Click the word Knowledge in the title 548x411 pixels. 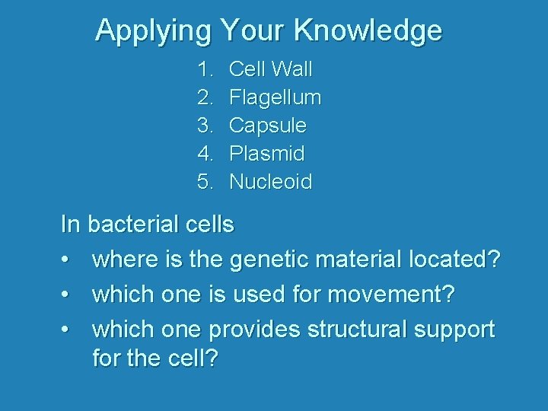tap(368, 30)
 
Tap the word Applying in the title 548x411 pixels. tap(153, 30)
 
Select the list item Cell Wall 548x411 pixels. tap(270, 69)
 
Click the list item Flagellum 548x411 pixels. tap(275, 97)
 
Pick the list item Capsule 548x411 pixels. tap(267, 126)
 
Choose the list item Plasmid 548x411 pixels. tap(266, 154)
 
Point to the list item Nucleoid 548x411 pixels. tap(270, 182)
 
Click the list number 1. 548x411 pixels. tap(204, 69)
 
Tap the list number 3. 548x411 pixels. tap(204, 126)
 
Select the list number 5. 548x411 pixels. tap(204, 182)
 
